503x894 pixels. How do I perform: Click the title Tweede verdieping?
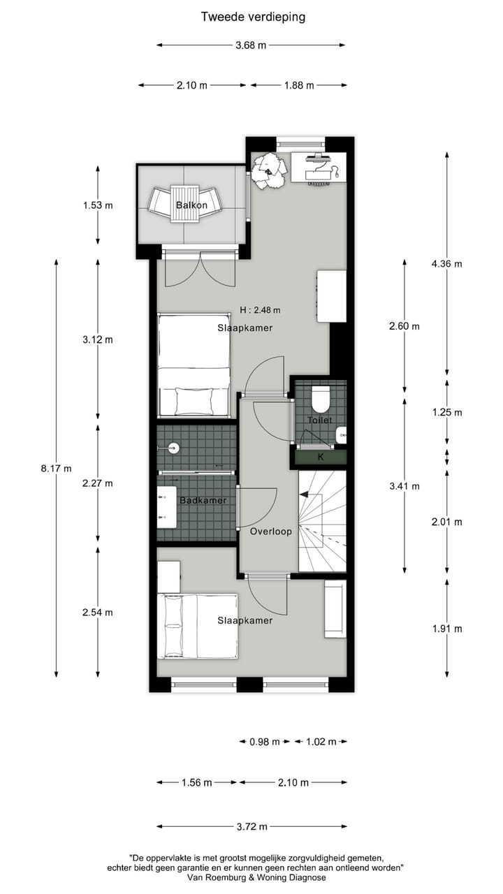(x=253, y=17)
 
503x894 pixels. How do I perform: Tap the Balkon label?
(x=191, y=205)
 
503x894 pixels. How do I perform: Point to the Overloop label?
(x=270, y=531)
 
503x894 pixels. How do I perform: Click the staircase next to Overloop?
(x=323, y=520)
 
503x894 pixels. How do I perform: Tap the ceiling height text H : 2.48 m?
(x=260, y=310)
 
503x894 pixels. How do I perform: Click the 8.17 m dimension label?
(x=56, y=469)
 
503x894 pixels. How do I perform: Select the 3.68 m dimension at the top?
(x=251, y=45)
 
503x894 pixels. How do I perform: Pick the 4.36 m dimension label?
(x=447, y=264)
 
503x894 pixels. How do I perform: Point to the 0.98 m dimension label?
(x=264, y=742)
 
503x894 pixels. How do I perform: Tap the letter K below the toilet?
(x=321, y=457)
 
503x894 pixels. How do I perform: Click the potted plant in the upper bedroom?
(x=269, y=170)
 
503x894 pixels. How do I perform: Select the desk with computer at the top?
(x=319, y=168)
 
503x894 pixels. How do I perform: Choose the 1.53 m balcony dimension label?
(x=98, y=205)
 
